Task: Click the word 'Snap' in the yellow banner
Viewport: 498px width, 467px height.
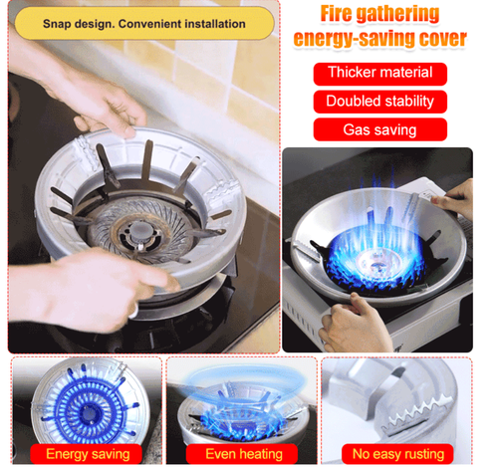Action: coord(59,22)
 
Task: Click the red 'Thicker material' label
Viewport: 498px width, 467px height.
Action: coord(379,73)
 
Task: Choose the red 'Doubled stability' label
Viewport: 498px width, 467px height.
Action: coord(379,101)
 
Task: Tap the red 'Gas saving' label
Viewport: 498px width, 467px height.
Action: coord(379,129)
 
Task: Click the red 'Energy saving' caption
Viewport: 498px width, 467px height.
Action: coord(88,454)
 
